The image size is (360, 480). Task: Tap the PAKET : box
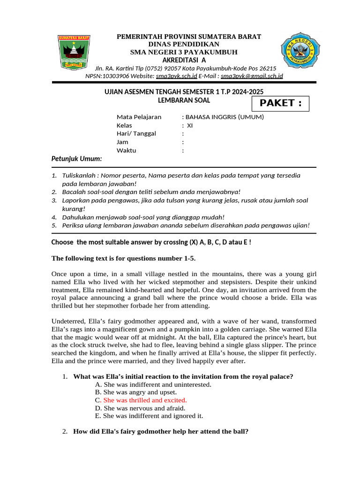pyautogui.click(x=281, y=103)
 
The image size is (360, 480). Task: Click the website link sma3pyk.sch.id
pyautogui.click(x=176, y=76)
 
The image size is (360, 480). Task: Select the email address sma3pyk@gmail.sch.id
pyautogui.click(x=252, y=76)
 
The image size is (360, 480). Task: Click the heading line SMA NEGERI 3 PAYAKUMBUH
pyautogui.click(x=184, y=52)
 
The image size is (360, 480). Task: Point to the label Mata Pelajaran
pyautogui.click(x=139, y=117)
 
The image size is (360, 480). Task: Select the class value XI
pyautogui.click(x=190, y=125)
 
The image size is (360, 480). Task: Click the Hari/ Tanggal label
pyautogui.click(x=136, y=134)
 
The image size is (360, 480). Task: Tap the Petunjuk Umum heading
pyautogui.click(x=76, y=159)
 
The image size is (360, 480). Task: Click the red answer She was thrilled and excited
pyautogui.click(x=145, y=400)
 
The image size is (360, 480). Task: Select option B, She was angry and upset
pyautogui.click(x=140, y=392)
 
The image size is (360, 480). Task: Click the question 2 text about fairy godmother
pyautogui.click(x=160, y=431)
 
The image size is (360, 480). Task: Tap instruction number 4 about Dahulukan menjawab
pyautogui.click(x=143, y=217)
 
